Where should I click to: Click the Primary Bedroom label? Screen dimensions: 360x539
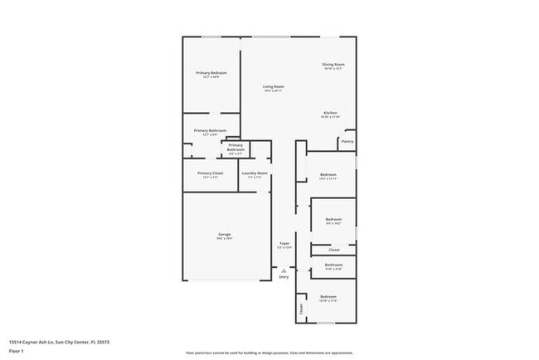click(211, 73)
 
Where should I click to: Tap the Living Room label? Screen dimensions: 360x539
click(274, 87)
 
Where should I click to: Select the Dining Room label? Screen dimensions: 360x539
click(333, 64)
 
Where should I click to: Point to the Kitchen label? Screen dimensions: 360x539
click(330, 113)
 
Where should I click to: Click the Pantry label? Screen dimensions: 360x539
click(347, 142)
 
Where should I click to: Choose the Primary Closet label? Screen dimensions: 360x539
click(210, 173)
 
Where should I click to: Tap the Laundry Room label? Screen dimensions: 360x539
click(255, 173)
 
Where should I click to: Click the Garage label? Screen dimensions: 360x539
click(225, 235)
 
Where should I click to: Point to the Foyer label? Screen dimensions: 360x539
click(284, 244)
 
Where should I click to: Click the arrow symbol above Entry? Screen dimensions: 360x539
click(284, 270)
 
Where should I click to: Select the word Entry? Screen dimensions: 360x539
click(284, 277)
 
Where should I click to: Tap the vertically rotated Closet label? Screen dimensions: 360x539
click(300, 309)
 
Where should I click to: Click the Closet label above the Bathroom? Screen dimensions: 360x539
click(333, 250)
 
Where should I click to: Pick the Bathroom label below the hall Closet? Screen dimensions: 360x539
click(333, 265)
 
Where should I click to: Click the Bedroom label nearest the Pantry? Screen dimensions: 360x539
click(328, 174)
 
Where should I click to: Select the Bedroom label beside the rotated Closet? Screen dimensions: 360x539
click(328, 296)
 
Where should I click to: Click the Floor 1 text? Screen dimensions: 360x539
click(17, 351)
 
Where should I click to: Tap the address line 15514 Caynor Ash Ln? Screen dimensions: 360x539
click(59, 342)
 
